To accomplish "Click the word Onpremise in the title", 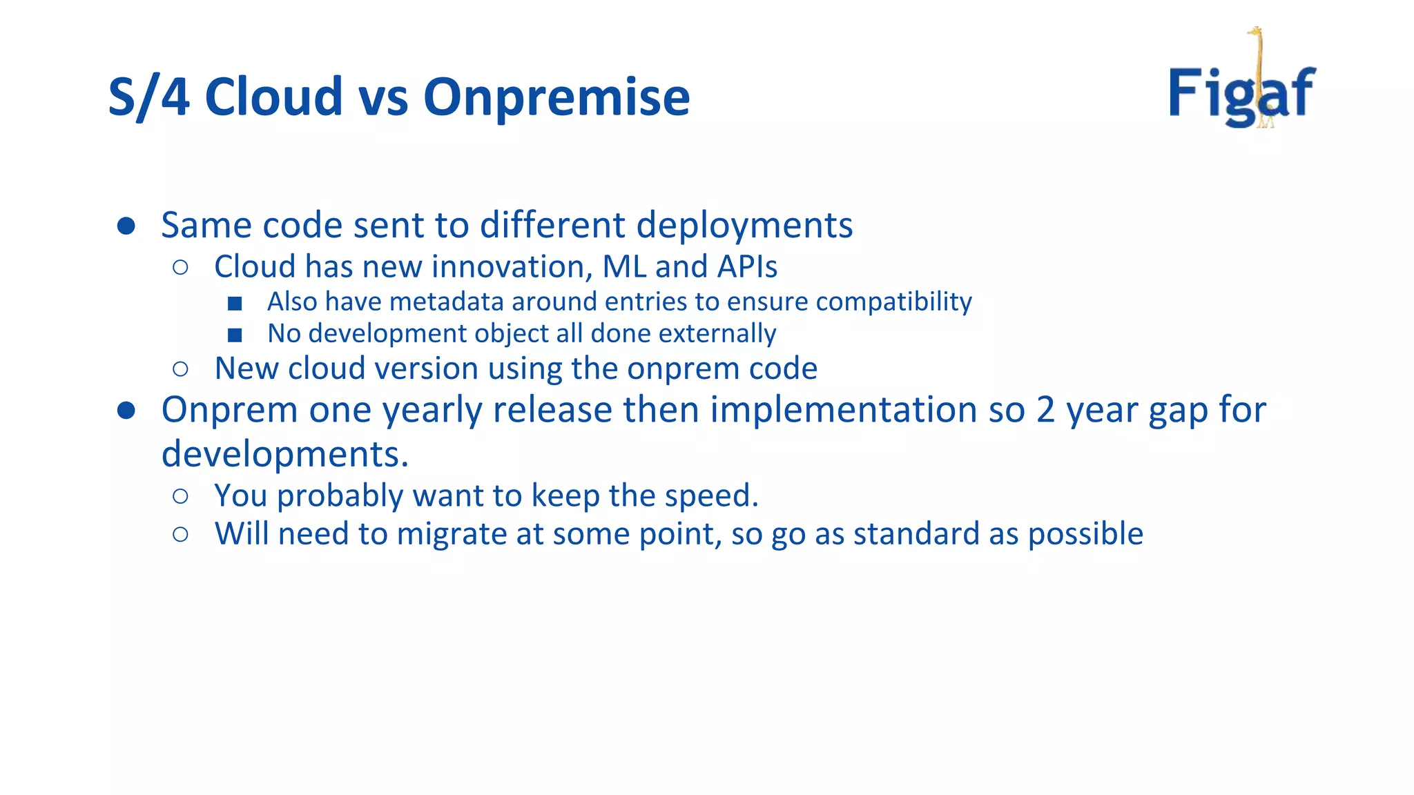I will point(556,97).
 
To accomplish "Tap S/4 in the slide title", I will point(148,97).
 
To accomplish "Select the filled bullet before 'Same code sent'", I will point(126,226).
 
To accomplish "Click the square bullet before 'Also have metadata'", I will point(235,303).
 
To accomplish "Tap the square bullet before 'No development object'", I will point(235,335).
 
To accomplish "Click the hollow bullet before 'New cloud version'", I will point(181,369).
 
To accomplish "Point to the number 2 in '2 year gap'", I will point(1045,410).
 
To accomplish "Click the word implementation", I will point(844,410).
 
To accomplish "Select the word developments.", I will point(284,454).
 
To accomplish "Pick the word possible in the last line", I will point(1085,534).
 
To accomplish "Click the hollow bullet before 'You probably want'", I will point(181,496).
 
